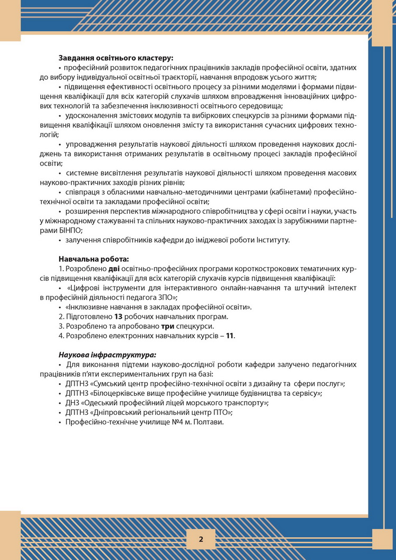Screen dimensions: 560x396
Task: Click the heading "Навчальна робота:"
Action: click(93, 259)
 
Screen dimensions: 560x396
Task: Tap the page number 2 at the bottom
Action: click(201, 539)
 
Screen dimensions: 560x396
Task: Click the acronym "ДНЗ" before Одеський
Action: click(74, 403)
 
